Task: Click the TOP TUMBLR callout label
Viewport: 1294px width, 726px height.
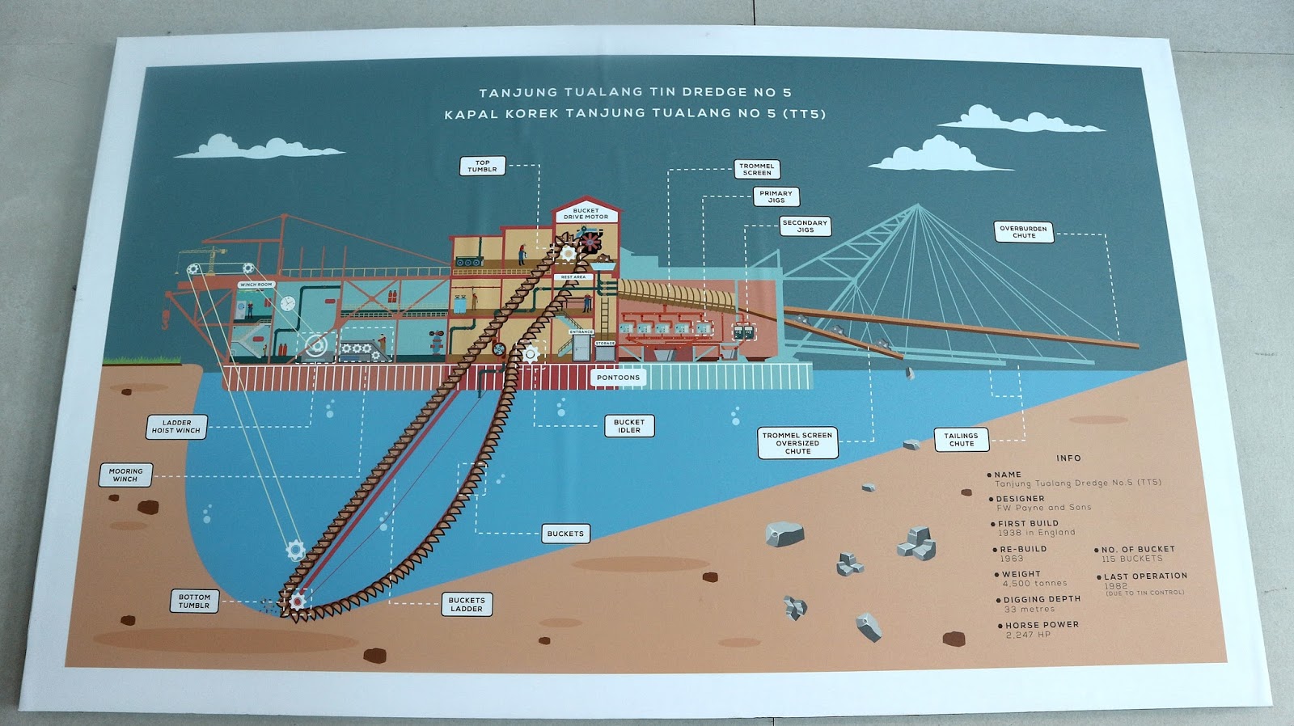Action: [482, 166]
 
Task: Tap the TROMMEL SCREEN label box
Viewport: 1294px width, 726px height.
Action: [757, 169]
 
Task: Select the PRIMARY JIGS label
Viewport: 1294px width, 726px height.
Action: [776, 196]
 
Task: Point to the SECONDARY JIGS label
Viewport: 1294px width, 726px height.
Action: [806, 226]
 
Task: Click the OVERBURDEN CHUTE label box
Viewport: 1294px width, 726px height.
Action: [1023, 232]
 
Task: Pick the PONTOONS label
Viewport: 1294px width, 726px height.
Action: [618, 378]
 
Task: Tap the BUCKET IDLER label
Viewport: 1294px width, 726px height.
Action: [629, 426]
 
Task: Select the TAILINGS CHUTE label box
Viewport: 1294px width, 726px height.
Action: [961, 440]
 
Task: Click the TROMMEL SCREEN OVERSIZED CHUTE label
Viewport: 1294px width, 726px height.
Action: [797, 443]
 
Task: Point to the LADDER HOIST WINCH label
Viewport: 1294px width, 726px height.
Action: [176, 427]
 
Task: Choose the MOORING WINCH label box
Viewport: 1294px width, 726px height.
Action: [125, 475]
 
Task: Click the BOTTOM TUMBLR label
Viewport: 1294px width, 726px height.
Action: [194, 601]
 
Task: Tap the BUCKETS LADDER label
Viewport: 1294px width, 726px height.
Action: [467, 605]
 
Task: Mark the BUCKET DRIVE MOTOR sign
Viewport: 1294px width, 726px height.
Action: [586, 213]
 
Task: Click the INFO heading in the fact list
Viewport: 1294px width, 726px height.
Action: [1068, 458]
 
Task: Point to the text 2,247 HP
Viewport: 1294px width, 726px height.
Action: [1029, 635]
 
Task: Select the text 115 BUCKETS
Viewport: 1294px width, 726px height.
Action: [1131, 559]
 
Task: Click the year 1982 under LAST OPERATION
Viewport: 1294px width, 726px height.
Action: [1115, 585]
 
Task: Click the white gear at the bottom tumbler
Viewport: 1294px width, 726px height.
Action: [297, 601]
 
